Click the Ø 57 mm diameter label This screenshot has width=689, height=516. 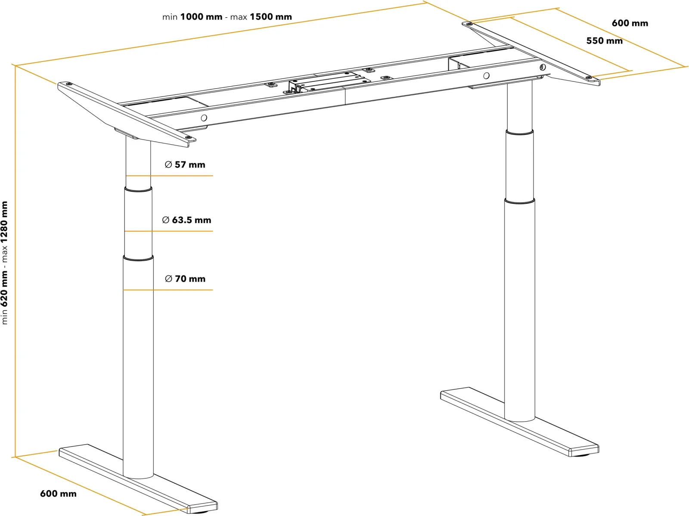185,165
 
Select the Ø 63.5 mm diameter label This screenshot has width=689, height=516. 186,220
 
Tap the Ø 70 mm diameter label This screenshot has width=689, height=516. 185,278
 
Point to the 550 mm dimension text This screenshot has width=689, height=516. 604,40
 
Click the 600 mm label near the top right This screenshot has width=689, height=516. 630,23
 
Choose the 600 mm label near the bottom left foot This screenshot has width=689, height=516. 58,494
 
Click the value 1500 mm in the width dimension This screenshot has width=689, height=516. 271,17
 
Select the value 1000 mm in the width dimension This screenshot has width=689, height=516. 201,17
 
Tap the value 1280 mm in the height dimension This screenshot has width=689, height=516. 4,222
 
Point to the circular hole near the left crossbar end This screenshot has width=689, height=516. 204,118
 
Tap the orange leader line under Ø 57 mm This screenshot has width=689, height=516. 170,176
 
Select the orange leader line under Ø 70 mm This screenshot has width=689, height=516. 168,290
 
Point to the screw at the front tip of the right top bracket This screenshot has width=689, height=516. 589,77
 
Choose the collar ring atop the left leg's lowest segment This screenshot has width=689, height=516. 138,258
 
